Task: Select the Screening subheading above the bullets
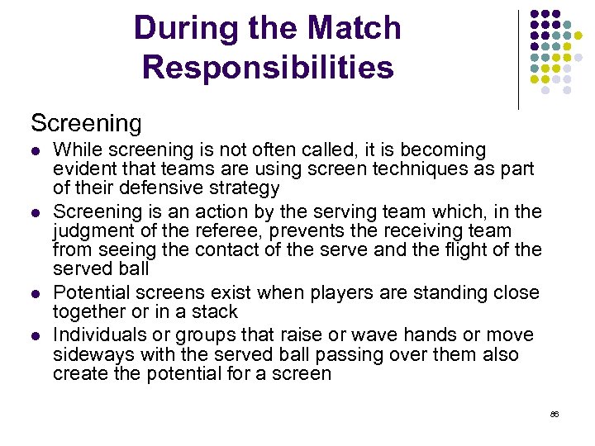pos(86,123)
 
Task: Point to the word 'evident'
pos(83,169)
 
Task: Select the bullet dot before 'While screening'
pos(35,151)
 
